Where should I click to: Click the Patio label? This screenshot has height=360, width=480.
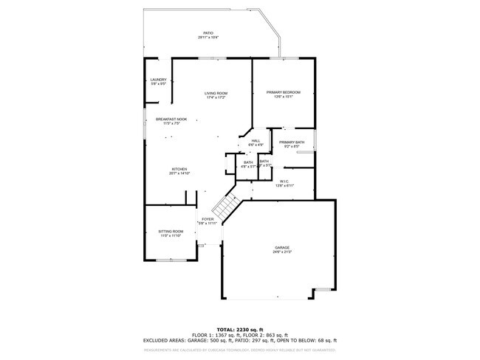208,32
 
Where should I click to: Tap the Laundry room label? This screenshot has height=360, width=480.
158,80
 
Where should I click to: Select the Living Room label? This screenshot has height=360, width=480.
216,93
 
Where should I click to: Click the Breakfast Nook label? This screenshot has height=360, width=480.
171,119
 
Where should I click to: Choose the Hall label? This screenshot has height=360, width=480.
256,141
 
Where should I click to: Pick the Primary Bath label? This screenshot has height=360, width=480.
292,142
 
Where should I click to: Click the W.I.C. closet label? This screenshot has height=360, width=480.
284,181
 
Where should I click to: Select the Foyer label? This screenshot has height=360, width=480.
208,219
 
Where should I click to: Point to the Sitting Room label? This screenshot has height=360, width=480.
171,232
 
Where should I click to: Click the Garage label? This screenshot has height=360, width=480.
283,248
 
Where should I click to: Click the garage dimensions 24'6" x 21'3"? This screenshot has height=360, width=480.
283,252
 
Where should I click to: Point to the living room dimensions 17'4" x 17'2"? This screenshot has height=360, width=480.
216,97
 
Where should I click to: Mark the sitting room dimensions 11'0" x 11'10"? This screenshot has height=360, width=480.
171,236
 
